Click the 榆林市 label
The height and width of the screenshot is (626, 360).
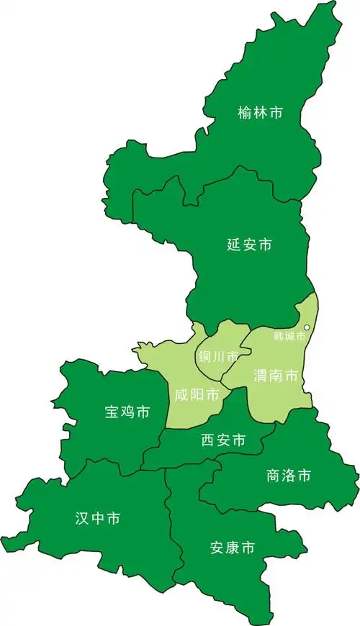pos(260,113)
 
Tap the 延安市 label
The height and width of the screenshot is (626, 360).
pos(249,245)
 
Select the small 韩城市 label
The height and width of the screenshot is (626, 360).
pos(289,336)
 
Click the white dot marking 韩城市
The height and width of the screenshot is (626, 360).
pos(307,328)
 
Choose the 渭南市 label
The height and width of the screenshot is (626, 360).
pos(276,376)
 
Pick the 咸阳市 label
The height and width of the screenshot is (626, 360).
pos(197,395)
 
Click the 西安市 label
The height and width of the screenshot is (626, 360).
pos(223,440)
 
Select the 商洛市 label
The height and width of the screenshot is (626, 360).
pos(288,476)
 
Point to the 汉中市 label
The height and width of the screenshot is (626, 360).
pos(97,518)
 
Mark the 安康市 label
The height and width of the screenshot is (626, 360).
pos(232,548)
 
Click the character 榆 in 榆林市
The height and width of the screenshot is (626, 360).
pos(245,113)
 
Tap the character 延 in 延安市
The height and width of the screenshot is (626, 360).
pos(233,245)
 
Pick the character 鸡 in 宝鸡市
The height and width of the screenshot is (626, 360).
pos(127,412)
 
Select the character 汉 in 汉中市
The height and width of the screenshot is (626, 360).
pos(81,518)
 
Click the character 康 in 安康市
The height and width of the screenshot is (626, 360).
pos(232,548)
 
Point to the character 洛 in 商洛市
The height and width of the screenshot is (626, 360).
pos(288,476)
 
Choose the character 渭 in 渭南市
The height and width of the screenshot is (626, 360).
pos(261,376)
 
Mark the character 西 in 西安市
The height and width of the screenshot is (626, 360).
pos(208,440)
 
